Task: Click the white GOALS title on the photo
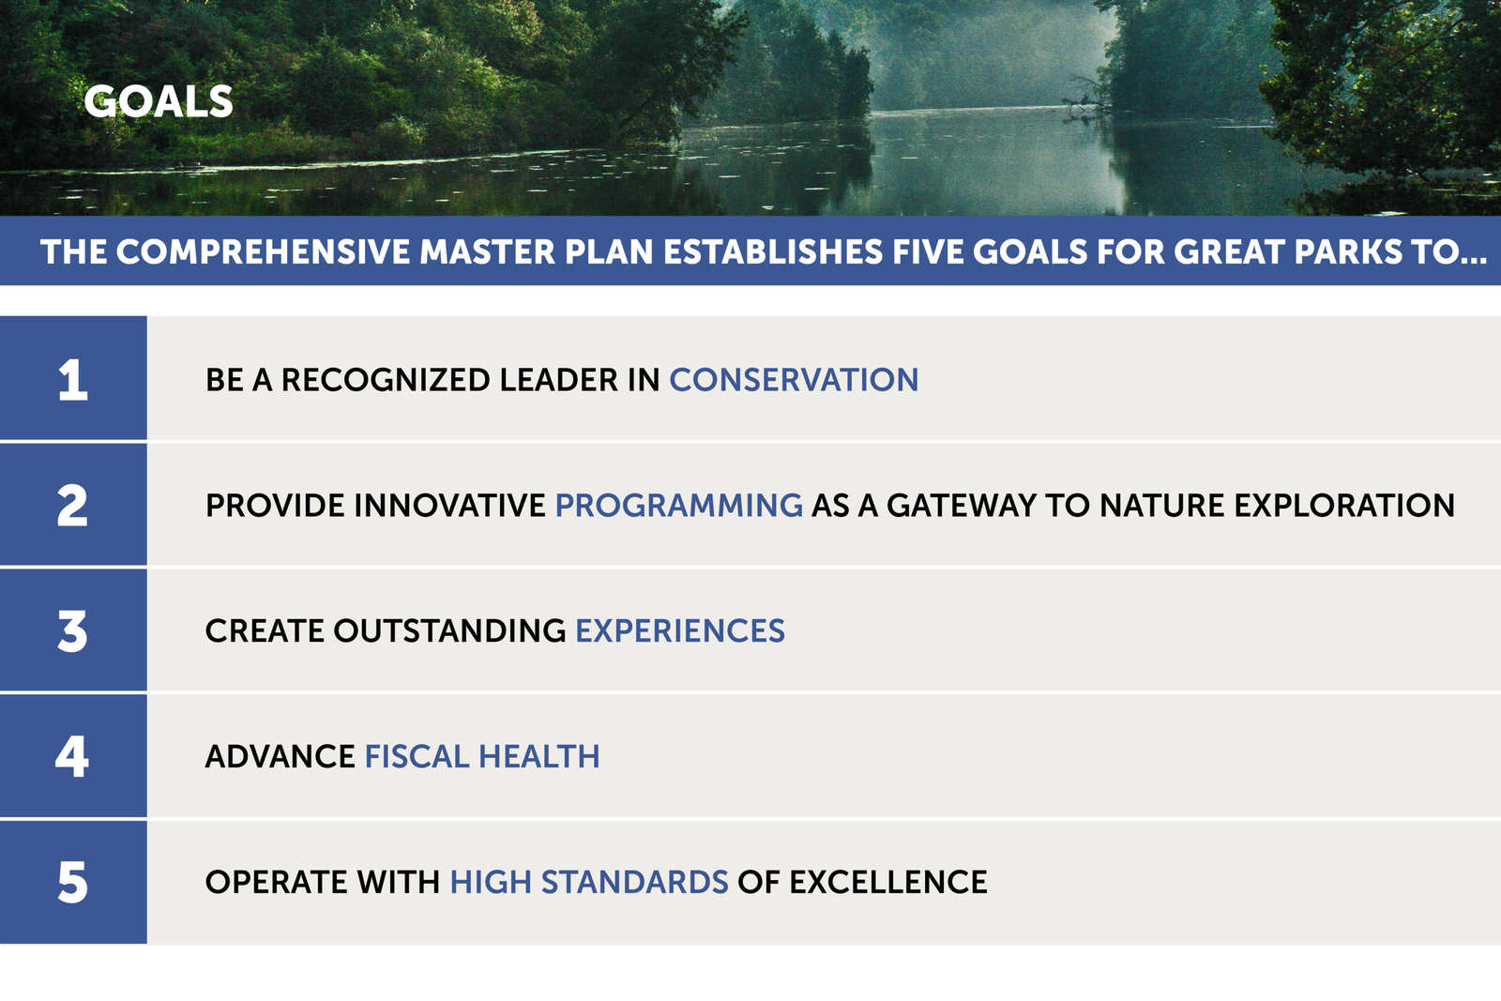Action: [159, 102]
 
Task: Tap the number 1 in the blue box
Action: [73, 380]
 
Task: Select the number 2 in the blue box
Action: [72, 505]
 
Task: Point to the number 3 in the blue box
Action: [72, 631]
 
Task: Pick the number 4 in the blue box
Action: [71, 756]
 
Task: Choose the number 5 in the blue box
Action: [72, 883]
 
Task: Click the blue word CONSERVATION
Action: [794, 380]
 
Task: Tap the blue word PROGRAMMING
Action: [679, 505]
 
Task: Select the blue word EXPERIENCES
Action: [680, 631]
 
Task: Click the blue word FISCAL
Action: [417, 756]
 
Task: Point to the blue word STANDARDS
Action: [634, 883]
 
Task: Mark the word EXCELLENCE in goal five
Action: [887, 883]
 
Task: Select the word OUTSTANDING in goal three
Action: [449, 631]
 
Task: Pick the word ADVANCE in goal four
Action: [280, 756]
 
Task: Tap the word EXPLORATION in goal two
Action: [1344, 505]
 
